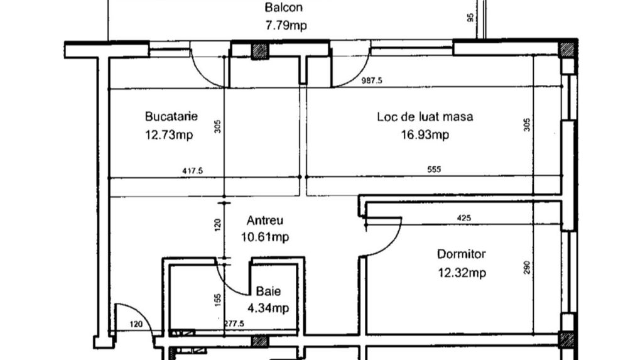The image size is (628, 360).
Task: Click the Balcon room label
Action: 283,8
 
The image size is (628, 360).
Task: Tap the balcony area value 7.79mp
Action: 287,26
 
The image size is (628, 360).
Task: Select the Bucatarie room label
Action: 171,116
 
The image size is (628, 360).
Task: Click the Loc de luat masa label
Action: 425,116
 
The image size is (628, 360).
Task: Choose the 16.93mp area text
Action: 425,134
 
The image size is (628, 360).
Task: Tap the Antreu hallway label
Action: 264,221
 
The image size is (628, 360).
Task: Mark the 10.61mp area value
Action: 264,237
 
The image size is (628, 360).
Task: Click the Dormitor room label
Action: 461,254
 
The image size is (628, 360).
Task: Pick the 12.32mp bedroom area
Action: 462,273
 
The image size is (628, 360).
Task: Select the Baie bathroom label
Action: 268,292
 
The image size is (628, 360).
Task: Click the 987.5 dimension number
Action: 372,80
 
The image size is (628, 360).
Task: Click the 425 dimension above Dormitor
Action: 464,218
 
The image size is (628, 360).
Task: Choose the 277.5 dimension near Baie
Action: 234,323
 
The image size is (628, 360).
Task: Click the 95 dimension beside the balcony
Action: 471,18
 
